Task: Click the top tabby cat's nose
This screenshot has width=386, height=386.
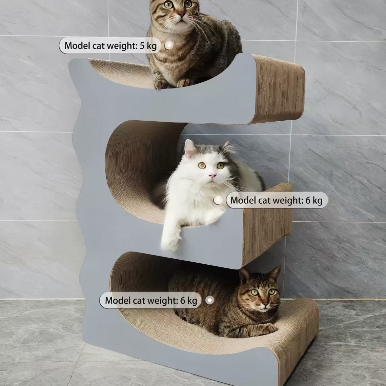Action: (x=181, y=14)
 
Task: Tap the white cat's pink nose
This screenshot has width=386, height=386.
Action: (x=212, y=176)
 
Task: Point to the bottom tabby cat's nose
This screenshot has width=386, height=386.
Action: (x=265, y=305)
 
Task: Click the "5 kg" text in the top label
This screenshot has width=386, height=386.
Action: (x=148, y=46)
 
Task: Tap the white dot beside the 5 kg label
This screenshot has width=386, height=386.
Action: (x=169, y=45)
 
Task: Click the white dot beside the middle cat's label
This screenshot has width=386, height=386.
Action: (x=218, y=200)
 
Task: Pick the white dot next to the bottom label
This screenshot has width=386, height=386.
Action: (x=209, y=300)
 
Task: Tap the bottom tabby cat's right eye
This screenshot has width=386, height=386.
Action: (x=255, y=292)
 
